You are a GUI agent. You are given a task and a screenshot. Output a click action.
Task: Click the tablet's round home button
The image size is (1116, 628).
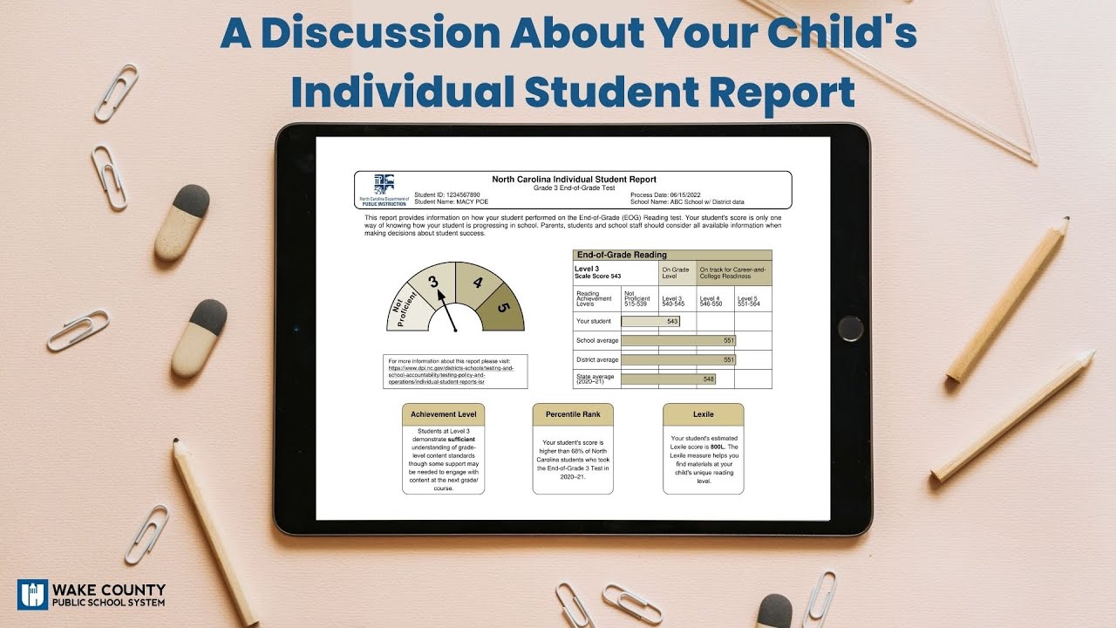pyautogui.click(x=850, y=329)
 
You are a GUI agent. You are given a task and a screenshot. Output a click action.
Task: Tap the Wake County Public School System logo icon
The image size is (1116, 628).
pyautogui.click(x=32, y=595)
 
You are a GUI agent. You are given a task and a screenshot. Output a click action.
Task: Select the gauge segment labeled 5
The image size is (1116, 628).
pyautogui.click(x=504, y=309)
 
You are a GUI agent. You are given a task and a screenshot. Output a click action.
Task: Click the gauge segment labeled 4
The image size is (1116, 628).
pyautogui.click(x=477, y=283)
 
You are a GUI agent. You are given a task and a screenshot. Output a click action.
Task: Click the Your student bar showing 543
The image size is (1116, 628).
pyautogui.click(x=650, y=322)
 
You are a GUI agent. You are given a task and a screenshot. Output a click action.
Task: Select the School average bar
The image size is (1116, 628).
pyautogui.click(x=678, y=340)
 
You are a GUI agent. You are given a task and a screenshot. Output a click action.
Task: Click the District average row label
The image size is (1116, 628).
pyautogui.click(x=597, y=359)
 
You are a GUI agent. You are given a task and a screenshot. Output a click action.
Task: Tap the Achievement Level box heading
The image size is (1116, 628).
pyautogui.click(x=444, y=414)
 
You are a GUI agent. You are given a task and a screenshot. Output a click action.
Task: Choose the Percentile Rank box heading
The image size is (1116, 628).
pyautogui.click(x=573, y=414)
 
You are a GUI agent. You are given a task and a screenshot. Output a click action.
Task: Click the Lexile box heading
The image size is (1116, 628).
pyautogui.click(x=703, y=414)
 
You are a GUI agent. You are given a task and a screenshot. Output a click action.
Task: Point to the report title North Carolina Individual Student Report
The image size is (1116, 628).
pyautogui.click(x=574, y=180)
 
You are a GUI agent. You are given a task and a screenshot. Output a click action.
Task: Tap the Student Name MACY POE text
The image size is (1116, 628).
pyautogui.click(x=445, y=201)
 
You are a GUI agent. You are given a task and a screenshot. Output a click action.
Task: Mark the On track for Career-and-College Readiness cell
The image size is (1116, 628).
pyautogui.click(x=734, y=273)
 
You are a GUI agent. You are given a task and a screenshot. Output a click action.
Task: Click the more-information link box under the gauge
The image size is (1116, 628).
pyautogui.click(x=455, y=371)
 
